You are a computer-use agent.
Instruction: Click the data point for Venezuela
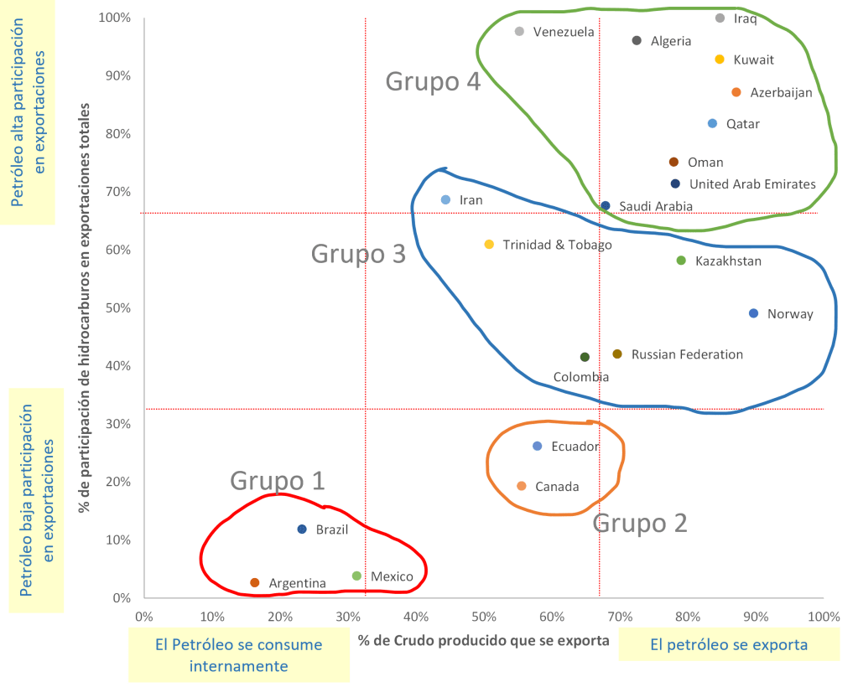tap(519, 32)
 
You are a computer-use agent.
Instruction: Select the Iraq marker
tap(720, 18)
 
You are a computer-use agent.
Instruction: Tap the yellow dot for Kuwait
tap(719, 59)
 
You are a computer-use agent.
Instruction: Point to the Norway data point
tap(753, 314)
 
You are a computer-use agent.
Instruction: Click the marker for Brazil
tap(302, 529)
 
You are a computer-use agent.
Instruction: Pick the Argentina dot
tap(255, 583)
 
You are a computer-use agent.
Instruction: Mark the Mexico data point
tap(356, 576)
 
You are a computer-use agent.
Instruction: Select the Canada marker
tap(522, 487)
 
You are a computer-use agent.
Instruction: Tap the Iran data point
tap(445, 200)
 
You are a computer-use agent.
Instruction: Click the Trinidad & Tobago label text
tap(558, 245)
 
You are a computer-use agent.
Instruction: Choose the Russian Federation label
tap(687, 354)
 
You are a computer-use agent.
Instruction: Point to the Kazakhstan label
tap(728, 261)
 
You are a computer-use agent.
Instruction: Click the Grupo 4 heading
tap(433, 82)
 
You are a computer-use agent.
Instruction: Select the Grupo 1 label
tap(277, 481)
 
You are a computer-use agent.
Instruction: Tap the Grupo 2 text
tap(640, 524)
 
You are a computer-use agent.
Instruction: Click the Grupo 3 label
tap(358, 254)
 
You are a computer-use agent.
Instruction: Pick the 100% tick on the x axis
tap(824, 617)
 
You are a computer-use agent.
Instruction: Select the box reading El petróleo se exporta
tap(729, 645)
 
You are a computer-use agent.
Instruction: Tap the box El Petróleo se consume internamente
tap(239, 655)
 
